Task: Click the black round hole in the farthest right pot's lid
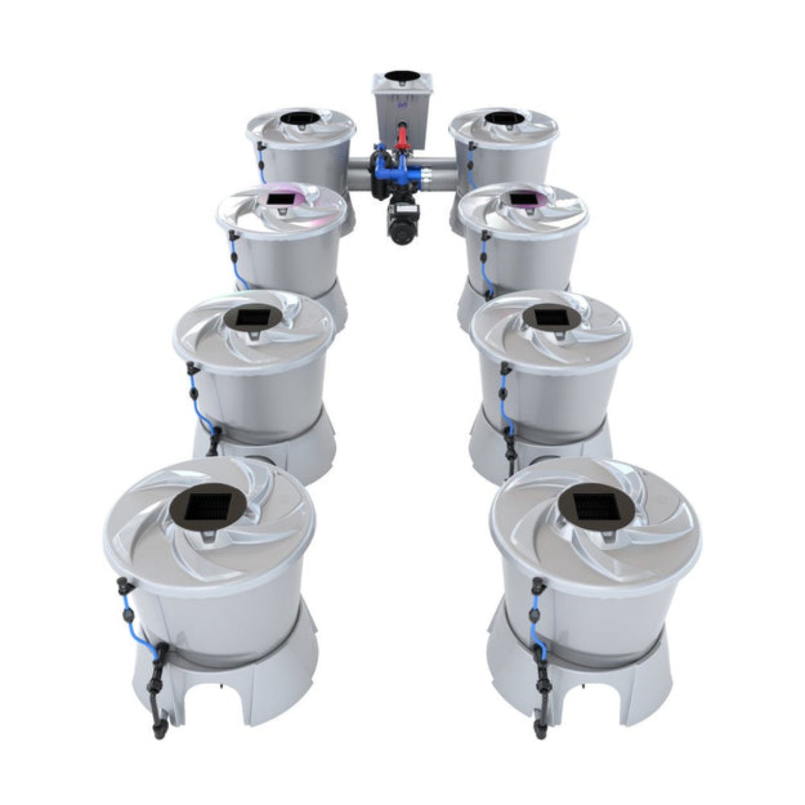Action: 504,118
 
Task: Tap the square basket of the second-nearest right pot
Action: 550,317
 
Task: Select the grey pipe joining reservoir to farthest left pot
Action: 359,171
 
